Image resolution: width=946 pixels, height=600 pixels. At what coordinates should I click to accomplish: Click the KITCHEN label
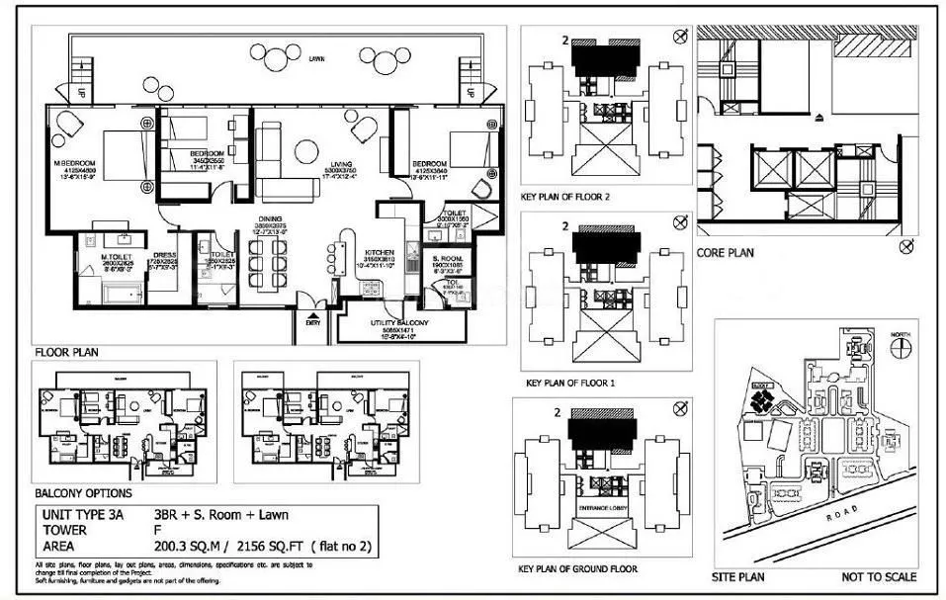381,252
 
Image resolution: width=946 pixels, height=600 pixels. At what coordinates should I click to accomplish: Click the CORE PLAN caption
726,253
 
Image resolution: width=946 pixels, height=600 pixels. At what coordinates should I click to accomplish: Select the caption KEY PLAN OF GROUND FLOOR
577,569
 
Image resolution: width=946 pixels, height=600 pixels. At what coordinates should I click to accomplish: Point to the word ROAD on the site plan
859,516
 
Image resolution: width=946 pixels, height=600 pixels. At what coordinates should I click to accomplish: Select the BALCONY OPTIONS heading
82,492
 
